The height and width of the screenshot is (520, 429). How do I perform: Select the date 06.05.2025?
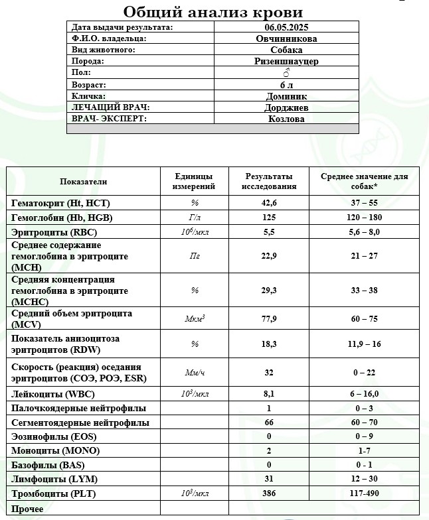tap(286, 27)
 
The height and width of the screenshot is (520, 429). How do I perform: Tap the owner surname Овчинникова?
tap(286, 38)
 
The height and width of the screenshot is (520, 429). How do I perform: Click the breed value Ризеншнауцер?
tap(286, 61)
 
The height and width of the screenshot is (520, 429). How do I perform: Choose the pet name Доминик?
tap(286, 96)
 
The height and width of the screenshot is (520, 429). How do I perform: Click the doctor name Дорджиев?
tap(286, 107)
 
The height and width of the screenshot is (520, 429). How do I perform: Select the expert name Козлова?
tap(286, 119)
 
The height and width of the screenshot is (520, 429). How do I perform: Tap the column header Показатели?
tap(83, 182)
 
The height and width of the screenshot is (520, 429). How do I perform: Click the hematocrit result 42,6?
tap(269, 203)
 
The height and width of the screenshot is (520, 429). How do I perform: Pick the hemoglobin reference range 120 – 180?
tap(364, 218)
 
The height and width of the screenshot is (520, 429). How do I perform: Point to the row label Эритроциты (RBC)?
tap(50, 232)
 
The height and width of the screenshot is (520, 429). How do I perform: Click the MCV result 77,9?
tap(269, 318)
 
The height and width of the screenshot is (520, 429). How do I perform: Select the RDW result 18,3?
tap(269, 344)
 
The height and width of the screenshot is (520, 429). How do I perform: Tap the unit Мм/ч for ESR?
tap(194, 373)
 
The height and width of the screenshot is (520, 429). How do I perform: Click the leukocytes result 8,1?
tap(269, 393)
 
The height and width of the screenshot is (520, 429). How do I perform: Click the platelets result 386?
tap(269, 494)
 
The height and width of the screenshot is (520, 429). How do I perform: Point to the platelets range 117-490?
tap(364, 494)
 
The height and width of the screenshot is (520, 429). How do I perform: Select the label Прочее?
tap(28, 509)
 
